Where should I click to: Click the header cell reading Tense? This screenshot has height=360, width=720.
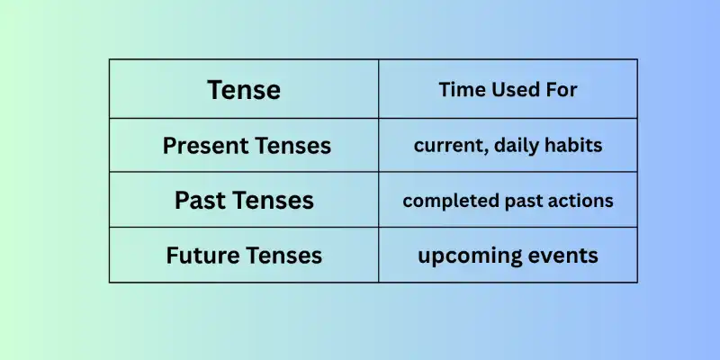(x=244, y=90)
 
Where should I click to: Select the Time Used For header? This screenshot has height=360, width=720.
(x=508, y=90)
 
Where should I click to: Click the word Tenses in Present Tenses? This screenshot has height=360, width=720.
(x=291, y=145)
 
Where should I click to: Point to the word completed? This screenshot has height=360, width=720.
(x=445, y=201)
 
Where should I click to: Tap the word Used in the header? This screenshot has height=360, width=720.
(x=511, y=90)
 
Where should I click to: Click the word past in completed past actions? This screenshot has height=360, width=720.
(x=520, y=201)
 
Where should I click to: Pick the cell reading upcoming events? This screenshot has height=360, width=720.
(x=508, y=256)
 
